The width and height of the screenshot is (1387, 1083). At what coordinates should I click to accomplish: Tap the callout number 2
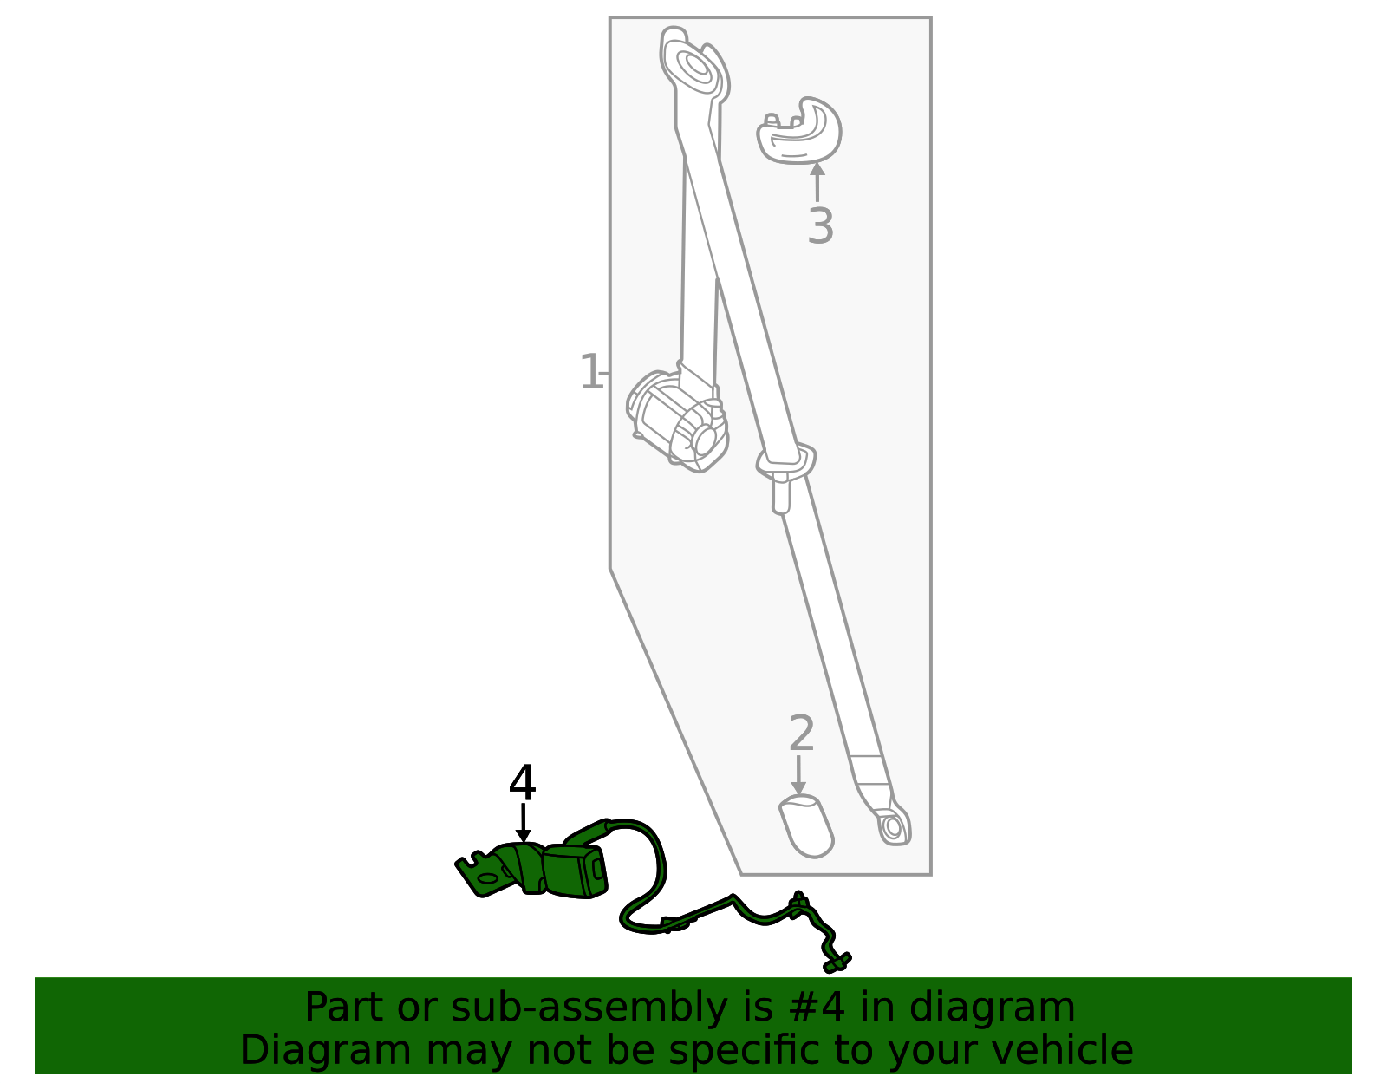pyautogui.click(x=801, y=734)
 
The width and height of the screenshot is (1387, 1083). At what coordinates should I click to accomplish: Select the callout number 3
pyautogui.click(x=820, y=225)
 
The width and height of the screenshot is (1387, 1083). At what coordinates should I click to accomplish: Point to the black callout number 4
pyautogui.click(x=522, y=782)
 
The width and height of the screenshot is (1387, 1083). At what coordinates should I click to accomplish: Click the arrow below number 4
pyautogui.click(x=523, y=823)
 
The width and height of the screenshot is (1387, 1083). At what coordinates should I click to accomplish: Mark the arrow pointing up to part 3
pyautogui.click(x=817, y=182)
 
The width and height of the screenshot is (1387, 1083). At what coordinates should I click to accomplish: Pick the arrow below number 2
pyautogui.click(x=798, y=775)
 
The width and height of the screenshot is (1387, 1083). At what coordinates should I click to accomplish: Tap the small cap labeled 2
pyautogui.click(x=806, y=825)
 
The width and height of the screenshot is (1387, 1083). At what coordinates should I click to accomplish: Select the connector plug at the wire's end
pyautogui.click(x=837, y=962)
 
